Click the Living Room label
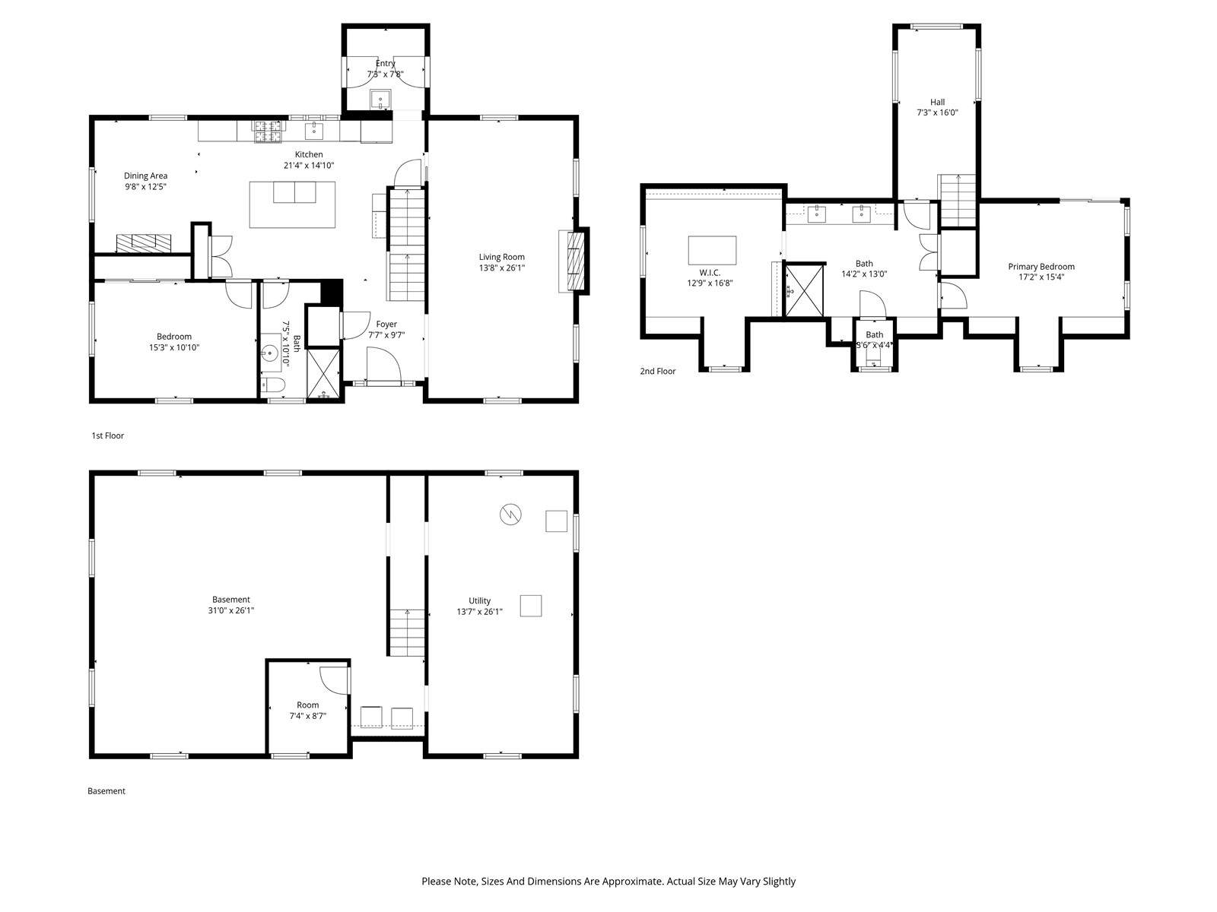coord(501,257)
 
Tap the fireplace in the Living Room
coord(574,261)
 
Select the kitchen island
coord(292,204)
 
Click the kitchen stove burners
coord(269,131)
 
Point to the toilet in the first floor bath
coord(273,384)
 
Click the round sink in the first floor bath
coord(270,353)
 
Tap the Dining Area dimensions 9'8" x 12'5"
coord(146,187)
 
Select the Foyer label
coord(386,325)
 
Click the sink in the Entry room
coord(381,99)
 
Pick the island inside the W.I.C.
coord(712,250)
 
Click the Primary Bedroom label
coord(1041,267)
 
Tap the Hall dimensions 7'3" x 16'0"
coord(937,112)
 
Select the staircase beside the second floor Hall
coord(957,200)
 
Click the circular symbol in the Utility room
coord(510,515)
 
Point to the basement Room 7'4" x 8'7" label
coord(308,711)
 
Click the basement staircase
coord(408,632)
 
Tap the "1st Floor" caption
coord(107,435)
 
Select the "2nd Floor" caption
coord(658,372)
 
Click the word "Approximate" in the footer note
coord(631,881)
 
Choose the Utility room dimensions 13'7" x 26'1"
coord(479,612)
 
